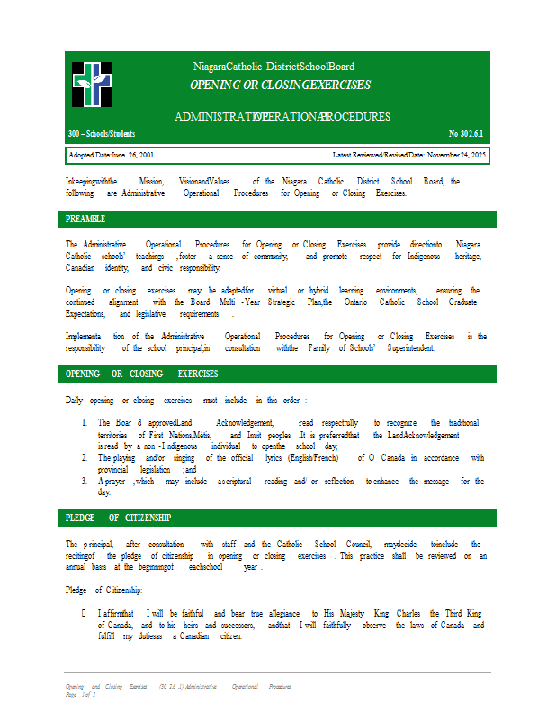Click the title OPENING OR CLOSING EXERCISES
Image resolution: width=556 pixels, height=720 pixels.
[280, 85]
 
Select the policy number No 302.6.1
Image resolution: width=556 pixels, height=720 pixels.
[466, 134]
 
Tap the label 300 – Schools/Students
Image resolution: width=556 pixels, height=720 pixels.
[102, 134]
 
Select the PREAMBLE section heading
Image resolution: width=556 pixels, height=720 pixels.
[85, 219]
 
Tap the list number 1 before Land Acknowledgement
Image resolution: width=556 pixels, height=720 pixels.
[84, 423]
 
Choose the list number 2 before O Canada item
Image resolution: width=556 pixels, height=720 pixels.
[84, 457]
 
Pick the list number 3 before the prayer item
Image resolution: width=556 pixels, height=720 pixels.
[84, 481]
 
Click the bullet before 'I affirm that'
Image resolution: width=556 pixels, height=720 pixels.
[84, 613]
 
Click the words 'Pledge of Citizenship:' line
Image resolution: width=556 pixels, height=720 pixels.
[104, 589]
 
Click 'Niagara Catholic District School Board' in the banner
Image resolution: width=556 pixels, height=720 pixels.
[274, 67]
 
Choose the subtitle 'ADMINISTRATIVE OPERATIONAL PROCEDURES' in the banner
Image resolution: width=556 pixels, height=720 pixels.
[282, 117]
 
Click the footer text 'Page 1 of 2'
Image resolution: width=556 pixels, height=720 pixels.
[79, 695]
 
